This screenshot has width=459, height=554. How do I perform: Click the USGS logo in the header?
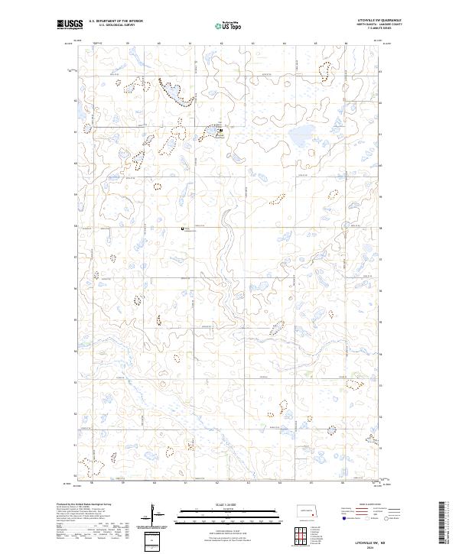tap(70, 25)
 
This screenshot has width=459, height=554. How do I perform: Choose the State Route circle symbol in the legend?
tap(386, 517)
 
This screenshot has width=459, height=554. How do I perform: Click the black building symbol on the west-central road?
tap(182, 226)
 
